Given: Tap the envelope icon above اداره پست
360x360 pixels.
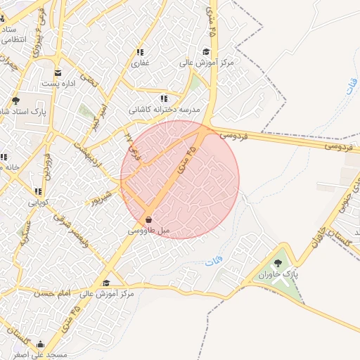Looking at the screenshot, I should (x=58, y=72).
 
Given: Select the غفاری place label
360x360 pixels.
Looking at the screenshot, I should (x=141, y=63).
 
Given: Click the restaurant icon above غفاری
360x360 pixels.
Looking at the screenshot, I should (x=141, y=52).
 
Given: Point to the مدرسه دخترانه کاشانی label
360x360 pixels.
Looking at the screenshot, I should (x=165, y=110).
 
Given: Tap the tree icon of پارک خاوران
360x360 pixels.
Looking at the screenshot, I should (x=278, y=264).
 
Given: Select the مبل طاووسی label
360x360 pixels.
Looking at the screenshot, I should (x=149, y=230).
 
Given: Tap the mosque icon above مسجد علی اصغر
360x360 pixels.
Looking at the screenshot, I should (x=40, y=345).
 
